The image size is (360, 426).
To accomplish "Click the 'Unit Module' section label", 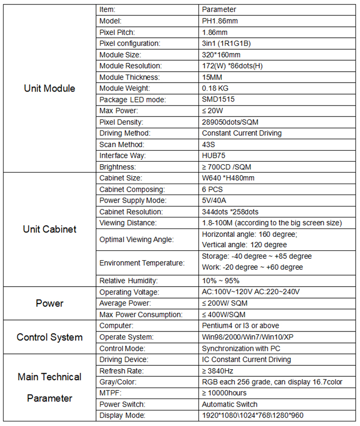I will pos(49,89).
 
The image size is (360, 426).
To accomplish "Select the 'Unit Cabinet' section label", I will pos(49,229).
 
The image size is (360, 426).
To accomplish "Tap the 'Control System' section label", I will pos(49,337).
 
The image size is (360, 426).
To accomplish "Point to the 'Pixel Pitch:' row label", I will pos(117,32).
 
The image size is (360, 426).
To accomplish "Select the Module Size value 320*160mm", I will pos(221,55).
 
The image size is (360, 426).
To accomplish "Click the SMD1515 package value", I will pos(218,100).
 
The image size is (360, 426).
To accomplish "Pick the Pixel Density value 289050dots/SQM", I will pos(230,122).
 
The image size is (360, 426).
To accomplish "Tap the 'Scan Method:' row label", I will pos(121,145).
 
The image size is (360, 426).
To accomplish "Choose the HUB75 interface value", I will pos(214,156).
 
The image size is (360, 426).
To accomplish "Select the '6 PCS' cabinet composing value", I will pos(213,190).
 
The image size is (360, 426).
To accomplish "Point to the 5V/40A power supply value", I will pos(215,201).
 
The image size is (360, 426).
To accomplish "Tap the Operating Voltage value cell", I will pos(251,292).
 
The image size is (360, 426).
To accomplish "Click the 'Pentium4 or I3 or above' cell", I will pos(241,326).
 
